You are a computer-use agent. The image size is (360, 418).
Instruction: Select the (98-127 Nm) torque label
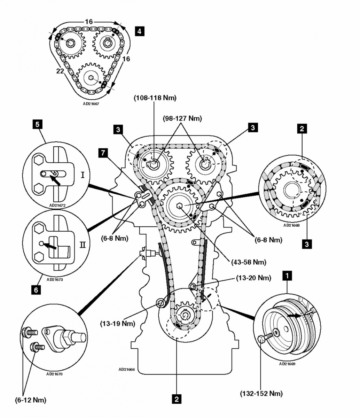(182, 118)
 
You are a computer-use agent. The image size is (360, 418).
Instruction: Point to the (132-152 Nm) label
(261, 394)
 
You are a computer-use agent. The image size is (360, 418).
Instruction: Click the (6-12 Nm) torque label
(31, 400)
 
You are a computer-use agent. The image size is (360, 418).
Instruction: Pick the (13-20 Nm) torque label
(253, 278)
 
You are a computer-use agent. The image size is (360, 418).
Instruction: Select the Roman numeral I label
(83, 175)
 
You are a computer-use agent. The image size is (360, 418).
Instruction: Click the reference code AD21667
(91, 103)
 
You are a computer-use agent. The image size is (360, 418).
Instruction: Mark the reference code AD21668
(291, 225)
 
